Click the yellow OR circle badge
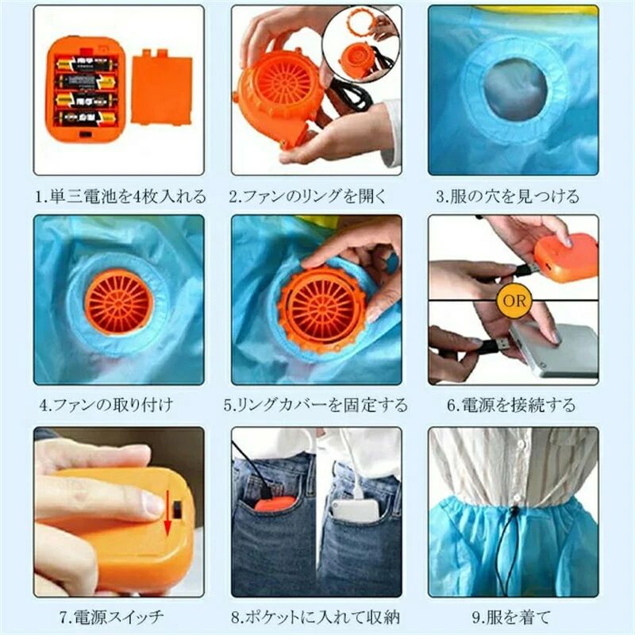[x=514, y=300]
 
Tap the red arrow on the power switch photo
[x=167, y=513]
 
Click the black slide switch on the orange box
[x=177, y=510]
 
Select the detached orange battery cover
[x=162, y=87]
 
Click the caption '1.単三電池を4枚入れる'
[x=121, y=196]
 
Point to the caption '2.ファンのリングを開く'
[x=308, y=196]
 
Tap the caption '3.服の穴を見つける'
[x=507, y=196]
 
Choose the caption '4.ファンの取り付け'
[x=106, y=405]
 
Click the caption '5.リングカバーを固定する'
[x=315, y=405]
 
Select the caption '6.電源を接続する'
[x=511, y=405]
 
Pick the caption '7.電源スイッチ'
[x=111, y=618]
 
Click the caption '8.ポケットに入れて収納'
[x=315, y=618]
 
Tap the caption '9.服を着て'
[x=511, y=618]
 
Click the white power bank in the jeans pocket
[x=356, y=509]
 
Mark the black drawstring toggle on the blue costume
[x=514, y=512]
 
